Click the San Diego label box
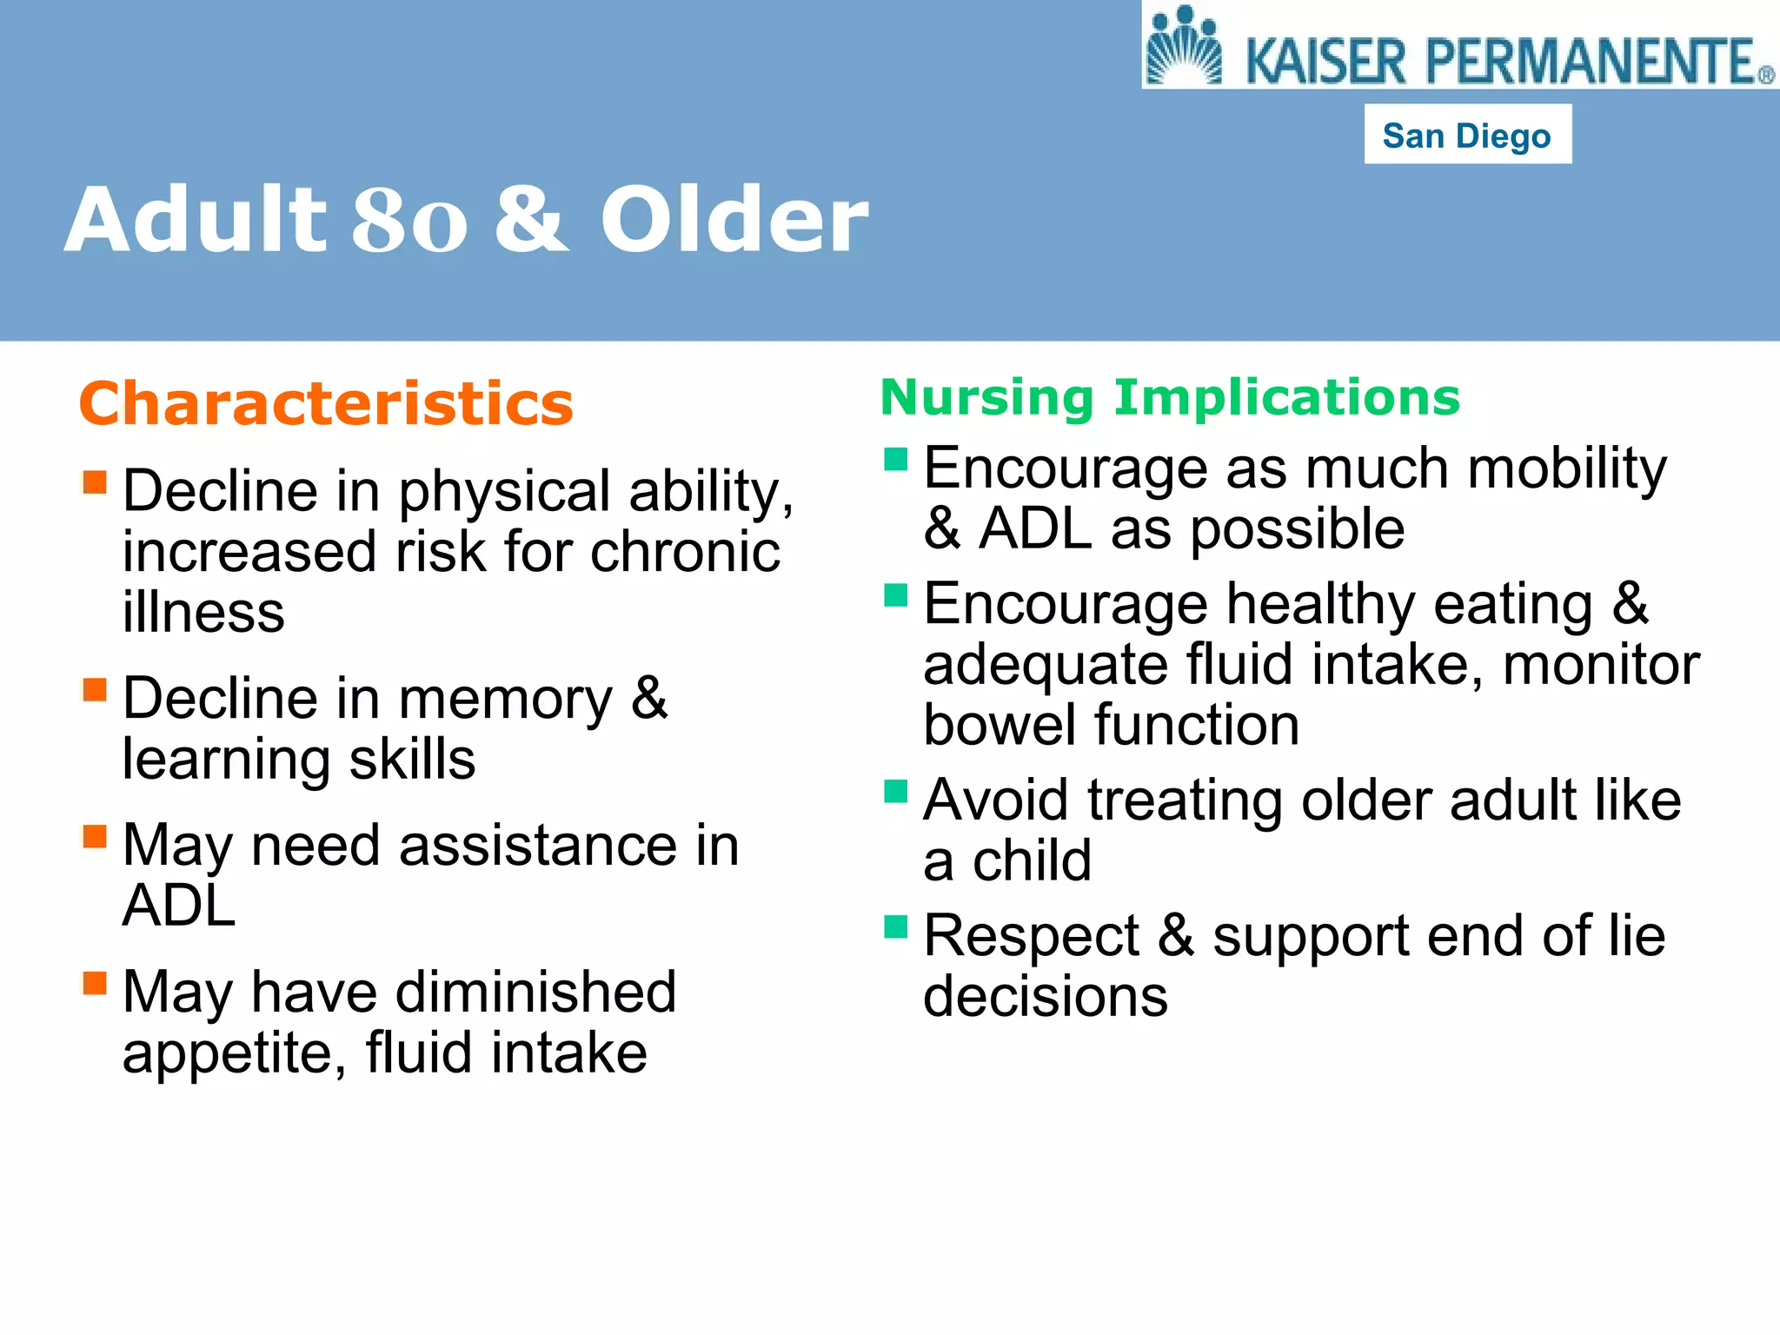(1467, 135)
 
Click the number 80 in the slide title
(409, 221)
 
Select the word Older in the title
(734, 221)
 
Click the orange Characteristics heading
(326, 403)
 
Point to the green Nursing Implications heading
(1170, 397)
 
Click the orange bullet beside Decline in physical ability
(94, 482)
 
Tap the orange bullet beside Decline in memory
(94, 689)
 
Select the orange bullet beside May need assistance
(94, 836)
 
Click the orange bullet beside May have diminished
(94, 983)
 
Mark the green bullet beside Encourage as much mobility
(895, 458)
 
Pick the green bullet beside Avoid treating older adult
(895, 791)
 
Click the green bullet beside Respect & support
(895, 927)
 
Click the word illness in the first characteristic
(203, 612)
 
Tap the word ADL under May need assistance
(179, 906)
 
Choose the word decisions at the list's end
(1045, 996)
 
